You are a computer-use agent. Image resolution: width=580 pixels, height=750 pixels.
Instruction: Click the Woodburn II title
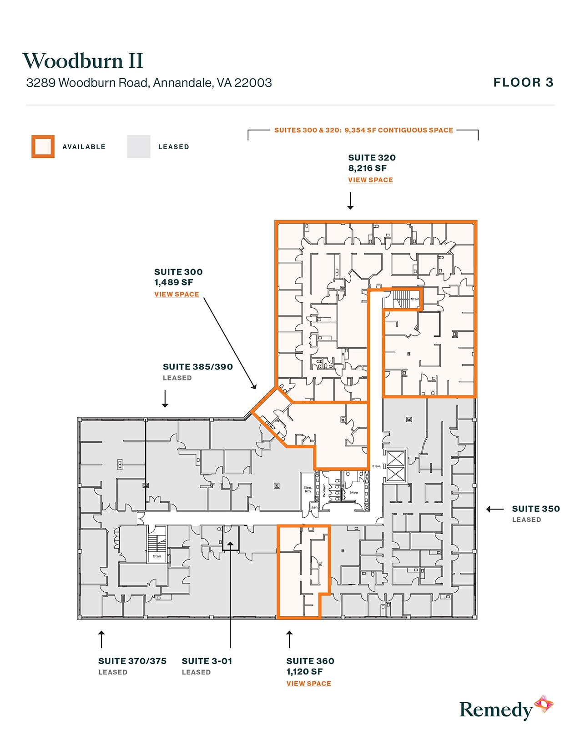pos(83,61)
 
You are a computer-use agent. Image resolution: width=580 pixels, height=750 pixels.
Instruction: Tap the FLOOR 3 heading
pos(523,82)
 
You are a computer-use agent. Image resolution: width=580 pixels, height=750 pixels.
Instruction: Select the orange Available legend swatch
pos(43,146)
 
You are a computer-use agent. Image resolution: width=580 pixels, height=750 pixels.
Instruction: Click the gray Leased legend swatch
pos(139,146)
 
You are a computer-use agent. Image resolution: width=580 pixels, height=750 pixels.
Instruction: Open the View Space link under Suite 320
pos(370,180)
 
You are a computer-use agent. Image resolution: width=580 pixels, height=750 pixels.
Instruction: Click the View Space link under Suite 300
pos(177,295)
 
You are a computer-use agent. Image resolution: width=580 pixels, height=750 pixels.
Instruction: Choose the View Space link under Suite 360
pos(308,684)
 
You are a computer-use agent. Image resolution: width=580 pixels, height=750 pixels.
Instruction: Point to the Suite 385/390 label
pos(197,367)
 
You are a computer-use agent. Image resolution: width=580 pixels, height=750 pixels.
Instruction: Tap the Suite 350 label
pos(535,509)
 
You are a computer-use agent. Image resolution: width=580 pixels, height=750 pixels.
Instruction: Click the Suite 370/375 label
pos(132,661)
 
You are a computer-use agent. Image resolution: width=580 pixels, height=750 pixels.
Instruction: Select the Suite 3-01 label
pos(207,661)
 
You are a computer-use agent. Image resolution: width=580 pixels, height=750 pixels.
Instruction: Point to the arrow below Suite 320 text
pos(350,201)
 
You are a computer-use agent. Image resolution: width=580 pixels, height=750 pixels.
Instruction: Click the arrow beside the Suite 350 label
pos(495,509)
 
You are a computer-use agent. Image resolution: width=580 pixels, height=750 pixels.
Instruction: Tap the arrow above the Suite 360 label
pos(289,639)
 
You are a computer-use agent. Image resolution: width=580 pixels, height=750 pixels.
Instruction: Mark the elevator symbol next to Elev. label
pos(395,466)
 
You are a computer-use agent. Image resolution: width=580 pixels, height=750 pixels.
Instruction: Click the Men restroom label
pos(354,492)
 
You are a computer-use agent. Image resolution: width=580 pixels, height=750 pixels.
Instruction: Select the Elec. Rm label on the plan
pos(308,489)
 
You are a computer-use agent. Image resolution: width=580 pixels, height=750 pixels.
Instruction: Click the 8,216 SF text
pos(367,168)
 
